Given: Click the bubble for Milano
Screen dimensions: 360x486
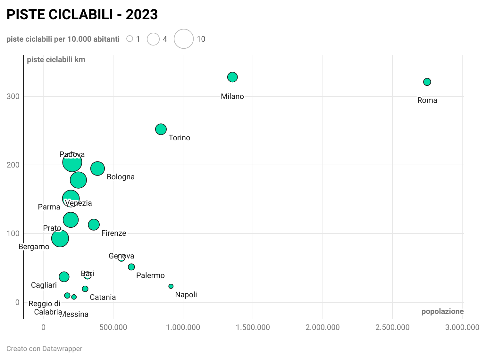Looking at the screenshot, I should [x=232, y=77].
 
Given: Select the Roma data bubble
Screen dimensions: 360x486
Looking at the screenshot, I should [x=427, y=82].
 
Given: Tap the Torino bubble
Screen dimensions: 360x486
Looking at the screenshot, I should [x=161, y=129].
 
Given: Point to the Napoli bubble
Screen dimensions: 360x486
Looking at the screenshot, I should [x=171, y=286].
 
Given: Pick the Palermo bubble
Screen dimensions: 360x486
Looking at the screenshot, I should [x=131, y=267].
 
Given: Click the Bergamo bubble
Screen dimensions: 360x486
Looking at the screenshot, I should [x=60, y=238].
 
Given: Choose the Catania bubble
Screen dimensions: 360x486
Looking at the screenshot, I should [x=85, y=289].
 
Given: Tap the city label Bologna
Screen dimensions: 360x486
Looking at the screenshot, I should [x=121, y=177].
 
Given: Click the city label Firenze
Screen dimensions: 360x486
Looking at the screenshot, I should [x=114, y=233].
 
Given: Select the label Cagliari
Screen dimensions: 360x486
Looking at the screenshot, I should [x=44, y=285].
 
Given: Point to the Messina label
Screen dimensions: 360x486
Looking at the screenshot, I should [x=75, y=314].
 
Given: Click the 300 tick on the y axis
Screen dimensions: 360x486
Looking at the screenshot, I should [x=13, y=96].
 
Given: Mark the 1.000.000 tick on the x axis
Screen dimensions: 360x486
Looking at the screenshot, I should [x=183, y=327].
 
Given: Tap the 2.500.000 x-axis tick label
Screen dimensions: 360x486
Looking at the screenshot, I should [x=392, y=327].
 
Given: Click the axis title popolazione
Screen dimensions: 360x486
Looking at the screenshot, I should [x=442, y=311].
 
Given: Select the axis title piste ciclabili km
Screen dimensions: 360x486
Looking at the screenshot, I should [x=56, y=60].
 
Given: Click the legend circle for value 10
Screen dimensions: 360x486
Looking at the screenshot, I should [x=184, y=39].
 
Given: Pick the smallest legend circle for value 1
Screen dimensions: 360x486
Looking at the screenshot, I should [x=130, y=39].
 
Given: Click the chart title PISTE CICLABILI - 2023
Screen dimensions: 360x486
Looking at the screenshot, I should [x=82, y=14].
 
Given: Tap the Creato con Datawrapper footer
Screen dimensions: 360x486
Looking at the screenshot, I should [x=44, y=348].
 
